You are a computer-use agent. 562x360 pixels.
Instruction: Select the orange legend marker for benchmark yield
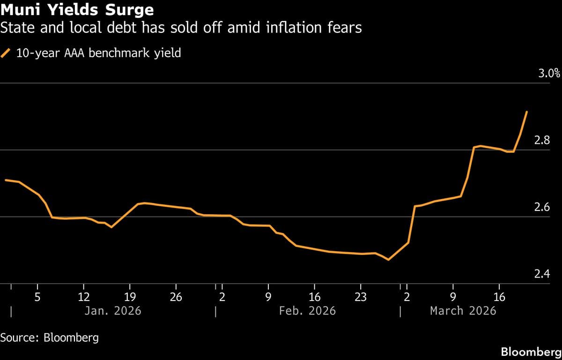6,53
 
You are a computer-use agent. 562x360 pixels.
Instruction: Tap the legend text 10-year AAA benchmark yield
98,53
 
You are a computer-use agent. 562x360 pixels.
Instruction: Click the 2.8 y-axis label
542,140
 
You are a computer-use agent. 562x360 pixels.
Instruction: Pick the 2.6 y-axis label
542,207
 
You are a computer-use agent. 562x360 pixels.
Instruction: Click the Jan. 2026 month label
112,311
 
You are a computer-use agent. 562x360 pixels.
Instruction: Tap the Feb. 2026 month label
307,311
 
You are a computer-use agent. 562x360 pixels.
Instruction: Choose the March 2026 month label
463,311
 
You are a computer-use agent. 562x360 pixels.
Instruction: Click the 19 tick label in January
130,297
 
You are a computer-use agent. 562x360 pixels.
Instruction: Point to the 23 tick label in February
361,297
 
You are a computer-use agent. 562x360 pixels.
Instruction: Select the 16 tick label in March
500,297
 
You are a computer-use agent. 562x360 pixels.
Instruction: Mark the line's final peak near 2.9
527,112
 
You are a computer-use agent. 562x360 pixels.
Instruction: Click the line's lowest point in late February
388,259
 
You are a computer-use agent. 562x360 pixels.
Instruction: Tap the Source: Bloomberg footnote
50,337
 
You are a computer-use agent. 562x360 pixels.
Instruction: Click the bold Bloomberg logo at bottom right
530,352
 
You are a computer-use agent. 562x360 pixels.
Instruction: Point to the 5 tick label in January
37,297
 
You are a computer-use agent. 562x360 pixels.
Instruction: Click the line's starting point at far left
6,180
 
